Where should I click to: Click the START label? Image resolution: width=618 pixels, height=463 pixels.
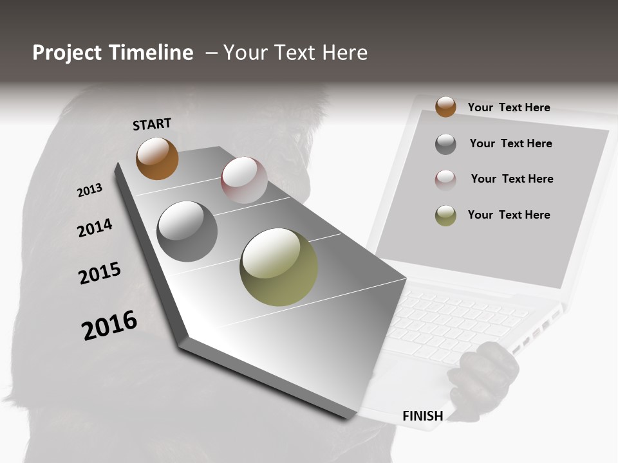coord(152,124)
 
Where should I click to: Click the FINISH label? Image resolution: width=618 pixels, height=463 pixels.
coord(422,416)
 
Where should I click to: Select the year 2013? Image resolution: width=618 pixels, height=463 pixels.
coord(89,190)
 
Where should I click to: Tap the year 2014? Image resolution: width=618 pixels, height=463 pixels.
coord(95,228)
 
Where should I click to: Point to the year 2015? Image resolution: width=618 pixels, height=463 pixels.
coord(99,273)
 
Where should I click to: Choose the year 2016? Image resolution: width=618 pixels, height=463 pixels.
coord(109,325)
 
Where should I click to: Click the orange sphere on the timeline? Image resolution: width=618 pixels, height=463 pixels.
coord(157,158)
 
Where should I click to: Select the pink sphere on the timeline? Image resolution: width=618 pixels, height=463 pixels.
coord(244,179)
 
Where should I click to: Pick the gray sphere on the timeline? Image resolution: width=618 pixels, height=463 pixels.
coord(187,232)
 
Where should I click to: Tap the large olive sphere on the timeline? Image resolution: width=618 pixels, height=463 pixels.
coord(279,267)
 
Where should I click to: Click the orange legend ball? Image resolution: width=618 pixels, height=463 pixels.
coord(445,107)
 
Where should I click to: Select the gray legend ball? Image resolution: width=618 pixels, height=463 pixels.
coord(445,144)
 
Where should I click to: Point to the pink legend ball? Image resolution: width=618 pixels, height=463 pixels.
coord(445,180)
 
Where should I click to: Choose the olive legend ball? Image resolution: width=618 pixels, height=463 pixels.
coord(445,215)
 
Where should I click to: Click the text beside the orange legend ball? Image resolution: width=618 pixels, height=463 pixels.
coord(509,107)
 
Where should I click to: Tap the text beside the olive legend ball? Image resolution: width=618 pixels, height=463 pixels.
coord(509,215)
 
